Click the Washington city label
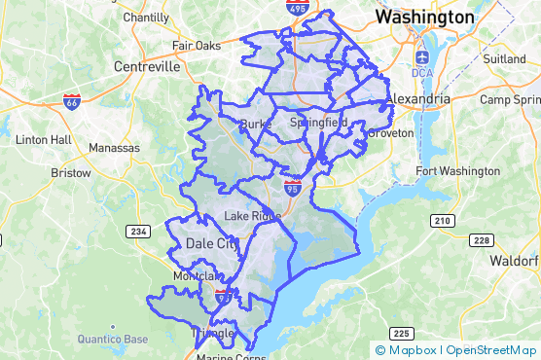pyautogui.click(x=425, y=18)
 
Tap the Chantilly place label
pyautogui.click(x=146, y=18)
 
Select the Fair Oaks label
pyautogui.click(x=196, y=45)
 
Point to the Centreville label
pyautogui.click(x=147, y=67)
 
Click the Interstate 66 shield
pyautogui.click(x=71, y=100)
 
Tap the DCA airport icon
pyautogui.click(x=421, y=55)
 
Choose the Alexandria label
pyautogui.click(x=418, y=99)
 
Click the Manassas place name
pyautogui.click(x=114, y=148)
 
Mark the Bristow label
pyautogui.click(x=70, y=173)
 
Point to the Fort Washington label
pyautogui.click(x=457, y=171)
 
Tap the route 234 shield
pyautogui.click(x=137, y=231)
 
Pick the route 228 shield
pyautogui.click(x=480, y=239)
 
